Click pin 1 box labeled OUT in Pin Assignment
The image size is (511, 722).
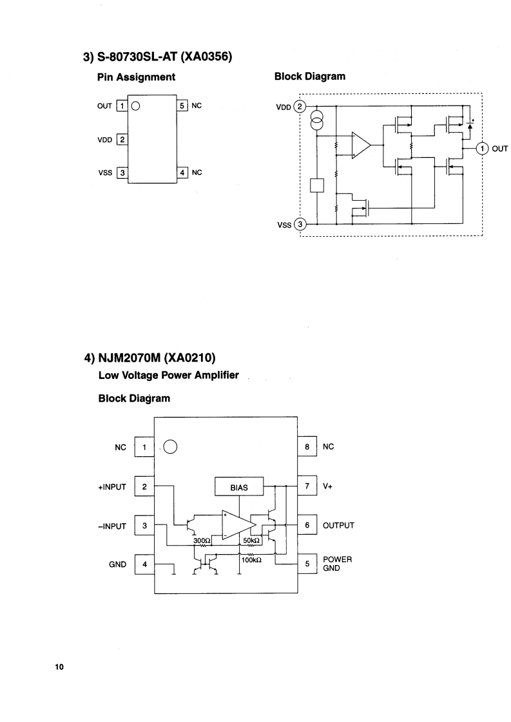coord(122,106)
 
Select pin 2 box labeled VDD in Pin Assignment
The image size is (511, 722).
coord(122,139)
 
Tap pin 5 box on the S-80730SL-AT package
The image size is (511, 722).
coord(182,106)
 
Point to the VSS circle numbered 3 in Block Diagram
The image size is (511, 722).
coord(300,225)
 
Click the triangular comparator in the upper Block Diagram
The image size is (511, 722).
coord(360,146)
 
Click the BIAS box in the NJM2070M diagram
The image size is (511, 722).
coord(239,487)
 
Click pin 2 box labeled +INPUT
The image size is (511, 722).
coord(144,486)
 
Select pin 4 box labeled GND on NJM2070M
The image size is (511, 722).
coord(144,564)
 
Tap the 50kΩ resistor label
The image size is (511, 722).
coord(251,541)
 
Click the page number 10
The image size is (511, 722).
coord(59,667)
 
